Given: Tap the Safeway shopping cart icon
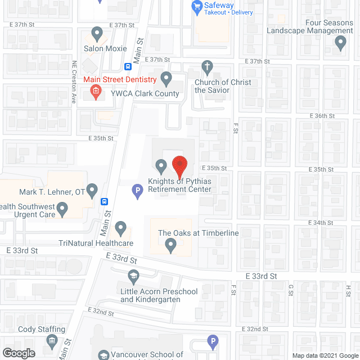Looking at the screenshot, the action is (x=197, y=6).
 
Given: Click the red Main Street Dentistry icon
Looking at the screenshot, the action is (x=96, y=92).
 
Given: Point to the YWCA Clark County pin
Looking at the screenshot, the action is (x=165, y=77).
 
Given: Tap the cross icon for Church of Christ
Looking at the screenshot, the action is (x=208, y=67).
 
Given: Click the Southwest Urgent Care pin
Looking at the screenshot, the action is (x=62, y=210).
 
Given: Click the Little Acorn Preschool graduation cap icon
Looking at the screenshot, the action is (x=133, y=276).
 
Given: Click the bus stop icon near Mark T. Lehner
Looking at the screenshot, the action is (x=105, y=202).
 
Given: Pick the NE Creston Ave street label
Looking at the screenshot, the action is (x=74, y=82).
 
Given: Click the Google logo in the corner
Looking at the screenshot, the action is (x=19, y=353).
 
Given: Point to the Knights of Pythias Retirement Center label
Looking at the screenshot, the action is (x=179, y=185).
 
